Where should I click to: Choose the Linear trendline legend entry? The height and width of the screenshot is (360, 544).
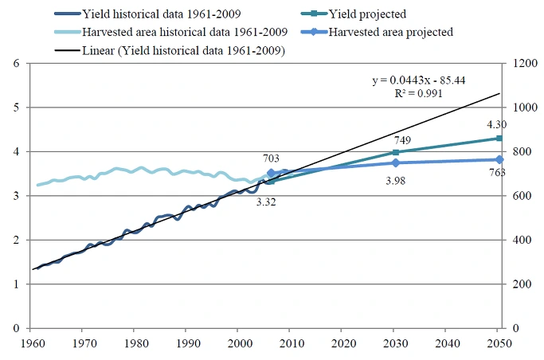point(184,50)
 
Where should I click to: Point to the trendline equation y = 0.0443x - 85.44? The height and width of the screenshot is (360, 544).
point(423,80)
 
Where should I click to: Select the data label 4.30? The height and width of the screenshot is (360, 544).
point(496,124)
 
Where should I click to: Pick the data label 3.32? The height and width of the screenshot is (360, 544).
point(266,202)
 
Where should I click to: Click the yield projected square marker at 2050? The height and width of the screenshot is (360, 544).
point(499,139)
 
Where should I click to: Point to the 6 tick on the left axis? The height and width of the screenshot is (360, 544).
point(15,64)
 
